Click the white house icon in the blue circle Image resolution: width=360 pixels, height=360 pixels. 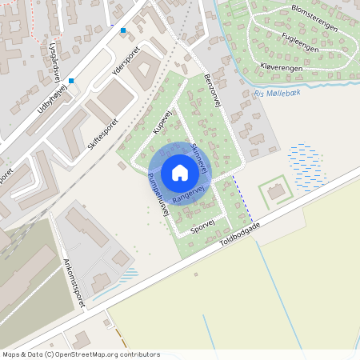pyautogui.click(x=179, y=172)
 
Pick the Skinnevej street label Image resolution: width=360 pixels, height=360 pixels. pyautogui.click(x=201, y=158)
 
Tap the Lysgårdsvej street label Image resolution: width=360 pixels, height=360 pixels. pyautogui.click(x=54, y=58)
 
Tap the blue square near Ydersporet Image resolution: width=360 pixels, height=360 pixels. pyautogui.click(x=123, y=31)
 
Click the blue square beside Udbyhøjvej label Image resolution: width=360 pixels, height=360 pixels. pyautogui.click(x=71, y=81)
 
